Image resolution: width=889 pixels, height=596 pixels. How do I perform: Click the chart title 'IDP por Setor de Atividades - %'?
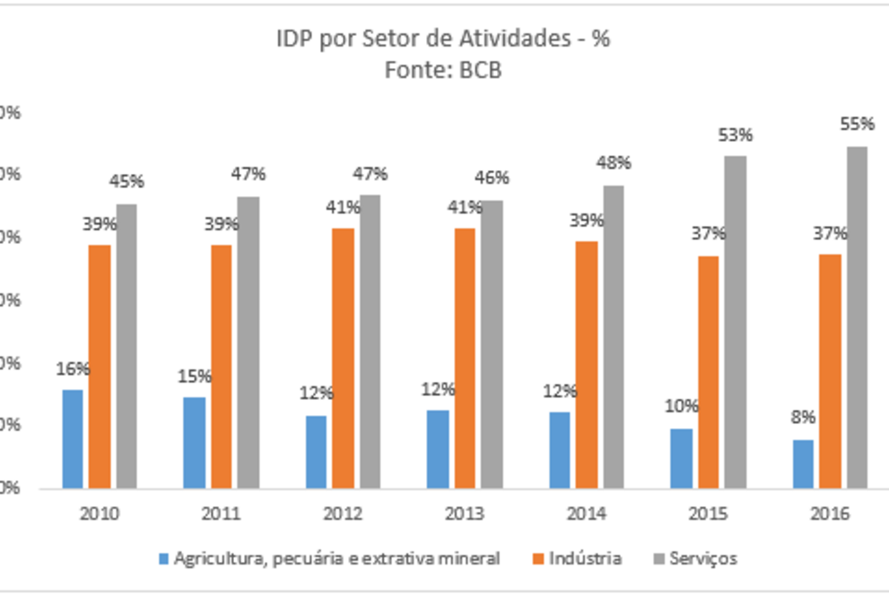pyautogui.click(x=444, y=39)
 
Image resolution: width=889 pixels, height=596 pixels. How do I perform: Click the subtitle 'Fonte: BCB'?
pyautogui.click(x=443, y=71)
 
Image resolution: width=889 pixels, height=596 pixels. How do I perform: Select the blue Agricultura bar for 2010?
pyautogui.click(x=72, y=439)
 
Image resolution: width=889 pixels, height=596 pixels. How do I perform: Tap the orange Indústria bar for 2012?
pyautogui.click(x=344, y=358)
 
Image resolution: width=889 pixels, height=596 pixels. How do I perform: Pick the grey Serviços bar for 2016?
pyautogui.click(x=857, y=318)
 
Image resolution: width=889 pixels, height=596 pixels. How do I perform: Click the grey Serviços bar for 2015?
pyautogui.click(x=736, y=323)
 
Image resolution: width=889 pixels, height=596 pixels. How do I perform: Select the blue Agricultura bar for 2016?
pyautogui.click(x=803, y=464)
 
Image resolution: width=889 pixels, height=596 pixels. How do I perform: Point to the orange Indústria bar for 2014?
pyautogui.click(x=587, y=365)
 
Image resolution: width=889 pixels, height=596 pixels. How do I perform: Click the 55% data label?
pyautogui.click(x=857, y=125)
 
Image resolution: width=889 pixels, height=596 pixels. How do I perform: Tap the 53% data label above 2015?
pyautogui.click(x=736, y=135)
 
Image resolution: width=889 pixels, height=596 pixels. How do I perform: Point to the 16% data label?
pyautogui.click(x=73, y=368)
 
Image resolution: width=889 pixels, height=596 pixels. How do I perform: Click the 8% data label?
pyautogui.click(x=803, y=418)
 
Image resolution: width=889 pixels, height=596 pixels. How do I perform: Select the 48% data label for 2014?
pyautogui.click(x=614, y=163)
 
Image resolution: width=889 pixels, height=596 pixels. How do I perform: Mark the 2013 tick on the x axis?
pyautogui.click(x=464, y=514)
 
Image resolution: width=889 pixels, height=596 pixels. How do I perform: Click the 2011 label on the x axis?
pyautogui.click(x=221, y=514)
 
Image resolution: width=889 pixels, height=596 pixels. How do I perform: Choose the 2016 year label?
pyautogui.click(x=830, y=514)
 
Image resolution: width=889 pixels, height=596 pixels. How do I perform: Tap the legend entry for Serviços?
pyautogui.click(x=702, y=558)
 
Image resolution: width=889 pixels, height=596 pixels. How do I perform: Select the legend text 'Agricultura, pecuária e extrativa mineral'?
pyautogui.click(x=336, y=558)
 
